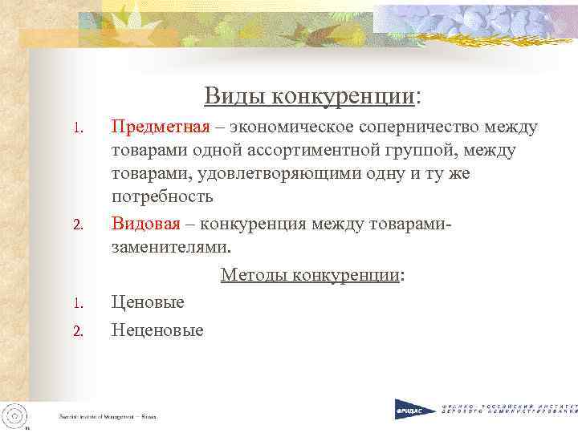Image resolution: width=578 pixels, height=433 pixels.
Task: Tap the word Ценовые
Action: [x=148, y=302]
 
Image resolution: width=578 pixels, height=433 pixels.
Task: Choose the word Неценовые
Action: [x=157, y=330]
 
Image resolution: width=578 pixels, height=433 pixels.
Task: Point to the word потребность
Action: [x=162, y=197]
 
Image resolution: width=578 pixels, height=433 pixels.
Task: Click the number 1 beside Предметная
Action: [x=78, y=128]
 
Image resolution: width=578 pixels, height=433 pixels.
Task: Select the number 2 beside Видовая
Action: [x=78, y=223]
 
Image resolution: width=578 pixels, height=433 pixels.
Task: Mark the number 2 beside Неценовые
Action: [x=78, y=331]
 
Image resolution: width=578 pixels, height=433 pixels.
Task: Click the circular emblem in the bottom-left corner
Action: [x=14, y=415]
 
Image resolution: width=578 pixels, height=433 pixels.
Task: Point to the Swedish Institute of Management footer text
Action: [x=108, y=418]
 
